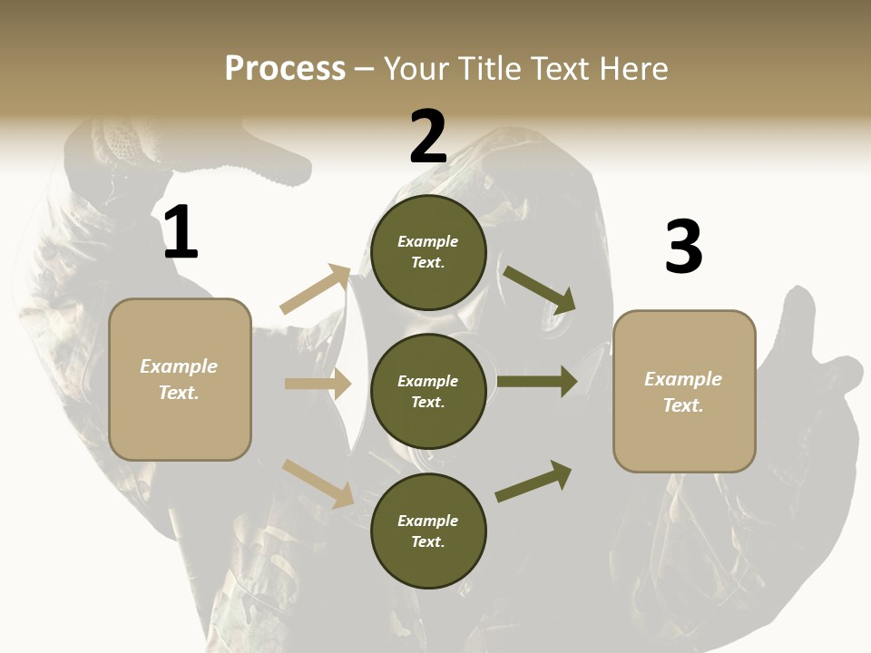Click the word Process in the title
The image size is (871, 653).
point(285,69)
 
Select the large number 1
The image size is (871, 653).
point(181,233)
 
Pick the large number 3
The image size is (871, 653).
point(683,248)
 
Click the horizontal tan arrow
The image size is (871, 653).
point(318,384)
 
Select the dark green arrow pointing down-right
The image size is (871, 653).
point(541,289)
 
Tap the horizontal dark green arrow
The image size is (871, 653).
point(537,382)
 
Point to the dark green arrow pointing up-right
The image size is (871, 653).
point(534,481)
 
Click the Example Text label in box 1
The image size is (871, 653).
point(179,379)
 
